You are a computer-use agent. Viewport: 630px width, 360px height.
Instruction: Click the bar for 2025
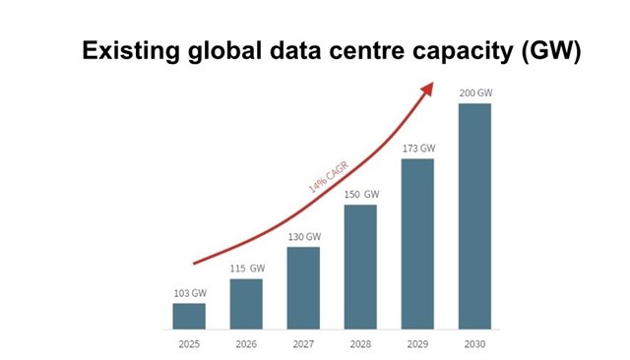[189, 316]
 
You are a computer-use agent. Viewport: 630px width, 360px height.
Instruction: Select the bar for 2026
[246, 304]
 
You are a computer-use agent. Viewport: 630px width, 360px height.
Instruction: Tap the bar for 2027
[303, 287]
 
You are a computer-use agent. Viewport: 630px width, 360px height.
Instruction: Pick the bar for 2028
[360, 267]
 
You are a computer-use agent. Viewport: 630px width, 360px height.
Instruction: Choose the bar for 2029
[417, 243]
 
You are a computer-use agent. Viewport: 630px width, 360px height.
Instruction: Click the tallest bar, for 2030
[474, 215]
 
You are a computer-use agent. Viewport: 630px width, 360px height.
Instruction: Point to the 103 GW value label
[189, 293]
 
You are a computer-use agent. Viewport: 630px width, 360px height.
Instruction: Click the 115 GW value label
[246, 269]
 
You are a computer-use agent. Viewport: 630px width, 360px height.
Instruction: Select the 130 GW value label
[303, 237]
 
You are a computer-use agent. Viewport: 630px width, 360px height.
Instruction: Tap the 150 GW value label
[361, 195]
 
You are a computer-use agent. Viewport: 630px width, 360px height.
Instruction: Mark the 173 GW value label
[417, 149]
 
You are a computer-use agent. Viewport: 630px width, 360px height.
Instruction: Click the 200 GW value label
[474, 93]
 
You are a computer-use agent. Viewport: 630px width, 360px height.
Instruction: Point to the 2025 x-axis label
[189, 344]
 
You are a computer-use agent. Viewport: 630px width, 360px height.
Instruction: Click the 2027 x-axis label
[303, 344]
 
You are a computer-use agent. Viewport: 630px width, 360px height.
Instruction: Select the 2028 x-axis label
[360, 344]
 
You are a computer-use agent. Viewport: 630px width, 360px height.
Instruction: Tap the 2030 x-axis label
[474, 344]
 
